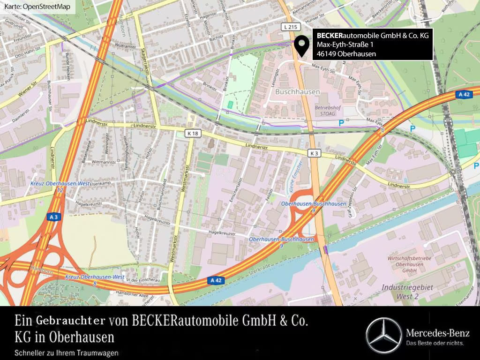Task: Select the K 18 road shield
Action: click(192, 134)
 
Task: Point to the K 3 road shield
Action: click(315, 153)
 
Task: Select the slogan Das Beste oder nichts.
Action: click(435, 344)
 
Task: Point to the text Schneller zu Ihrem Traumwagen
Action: click(67, 352)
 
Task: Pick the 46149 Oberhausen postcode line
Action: click(346, 54)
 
